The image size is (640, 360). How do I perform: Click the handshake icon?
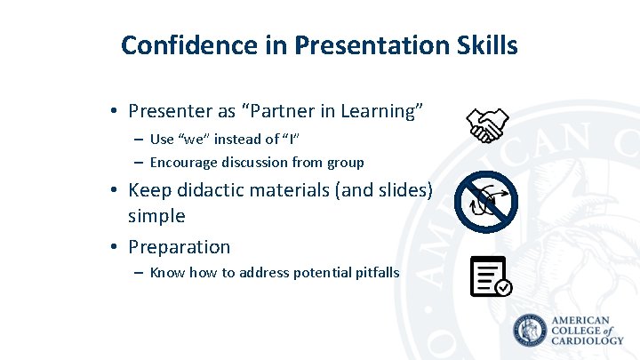(487, 125)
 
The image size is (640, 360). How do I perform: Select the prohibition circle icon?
(485, 201)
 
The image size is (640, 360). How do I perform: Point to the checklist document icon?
(489, 276)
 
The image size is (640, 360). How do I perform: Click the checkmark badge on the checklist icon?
(503, 287)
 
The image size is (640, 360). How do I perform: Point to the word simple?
(156, 216)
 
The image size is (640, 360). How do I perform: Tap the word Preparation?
(179, 246)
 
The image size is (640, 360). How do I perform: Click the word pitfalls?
(376, 272)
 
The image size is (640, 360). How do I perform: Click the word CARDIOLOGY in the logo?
(588, 340)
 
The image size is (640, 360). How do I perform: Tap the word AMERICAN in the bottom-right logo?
(581, 320)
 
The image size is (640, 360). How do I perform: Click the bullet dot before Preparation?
(115, 247)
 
